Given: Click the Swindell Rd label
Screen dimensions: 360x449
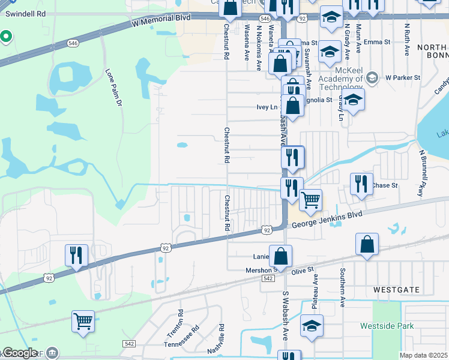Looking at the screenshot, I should coord(25,13).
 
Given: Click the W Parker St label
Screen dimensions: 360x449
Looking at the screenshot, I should coord(402,77).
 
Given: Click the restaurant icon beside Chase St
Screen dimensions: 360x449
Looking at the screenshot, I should coord(360,184).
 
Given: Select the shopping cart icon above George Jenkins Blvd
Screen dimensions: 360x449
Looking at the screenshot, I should coord(310,200).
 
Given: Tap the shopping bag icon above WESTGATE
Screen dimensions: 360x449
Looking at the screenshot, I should coord(367,245).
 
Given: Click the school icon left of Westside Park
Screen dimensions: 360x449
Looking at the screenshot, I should coord(312,326).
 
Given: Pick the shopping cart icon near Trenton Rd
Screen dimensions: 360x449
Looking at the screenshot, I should coord(83,321).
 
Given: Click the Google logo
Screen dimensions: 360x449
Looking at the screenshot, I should coord(19,353).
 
